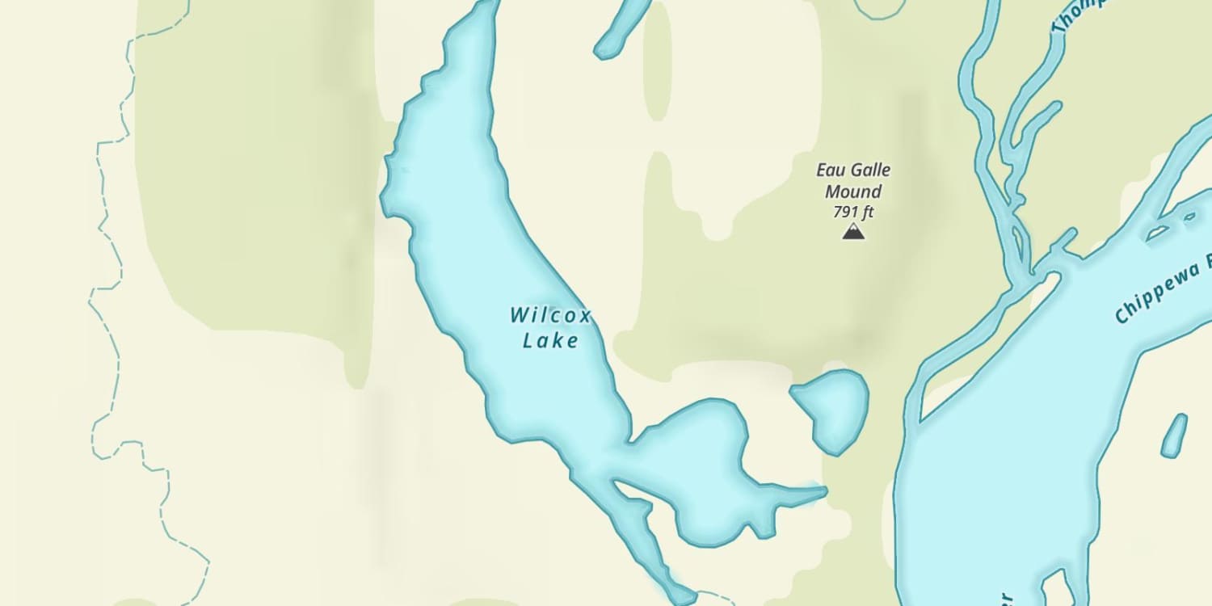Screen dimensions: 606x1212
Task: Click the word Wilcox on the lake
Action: coord(550,315)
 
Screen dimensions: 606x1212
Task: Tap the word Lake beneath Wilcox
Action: coord(550,341)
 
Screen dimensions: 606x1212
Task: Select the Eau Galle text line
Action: coord(852,170)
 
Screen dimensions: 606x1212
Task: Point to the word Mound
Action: coord(852,192)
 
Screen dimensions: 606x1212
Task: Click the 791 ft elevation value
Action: coord(853,213)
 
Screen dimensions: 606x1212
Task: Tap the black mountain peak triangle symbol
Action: coord(853,233)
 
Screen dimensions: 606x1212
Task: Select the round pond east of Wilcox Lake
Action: coord(832,408)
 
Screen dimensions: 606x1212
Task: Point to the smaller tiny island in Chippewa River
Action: coord(1189,217)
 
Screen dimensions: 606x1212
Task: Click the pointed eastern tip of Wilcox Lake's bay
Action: coord(823,490)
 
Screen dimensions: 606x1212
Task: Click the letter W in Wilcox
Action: coord(519,315)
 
